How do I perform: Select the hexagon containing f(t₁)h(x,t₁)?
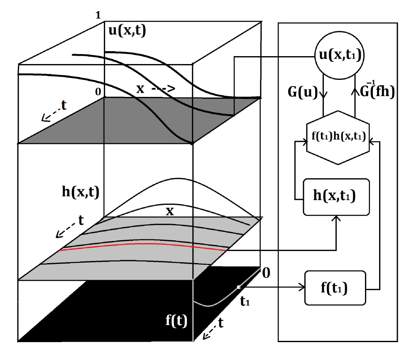(x=338, y=138)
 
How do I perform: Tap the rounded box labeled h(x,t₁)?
(x=336, y=197)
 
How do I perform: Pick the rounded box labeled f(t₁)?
(x=336, y=288)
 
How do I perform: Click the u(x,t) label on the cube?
(x=126, y=32)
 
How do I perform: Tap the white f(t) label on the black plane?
(x=175, y=321)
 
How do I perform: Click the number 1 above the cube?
(x=98, y=15)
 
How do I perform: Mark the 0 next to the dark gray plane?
(x=98, y=92)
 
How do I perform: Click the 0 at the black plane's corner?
(x=266, y=273)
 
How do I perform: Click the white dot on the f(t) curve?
(x=238, y=287)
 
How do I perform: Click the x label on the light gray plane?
(x=169, y=211)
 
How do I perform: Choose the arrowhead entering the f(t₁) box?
(x=302, y=287)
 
